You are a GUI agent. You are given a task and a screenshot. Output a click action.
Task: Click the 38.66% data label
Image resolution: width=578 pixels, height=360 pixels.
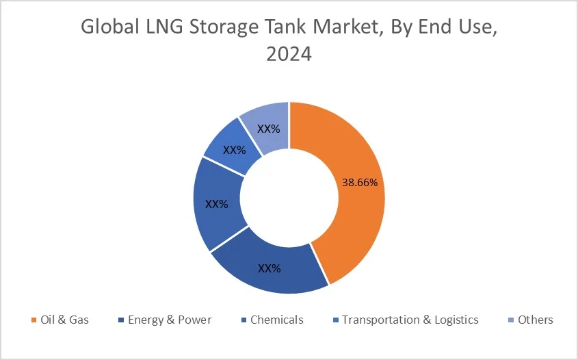[358, 183]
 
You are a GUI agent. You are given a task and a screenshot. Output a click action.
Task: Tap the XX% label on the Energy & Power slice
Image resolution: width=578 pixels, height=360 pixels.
[269, 268]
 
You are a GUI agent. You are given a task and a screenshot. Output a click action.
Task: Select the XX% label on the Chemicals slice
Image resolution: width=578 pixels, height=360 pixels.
[216, 204]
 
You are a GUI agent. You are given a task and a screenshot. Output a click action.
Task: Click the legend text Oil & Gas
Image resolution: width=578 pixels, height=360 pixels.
[66, 320]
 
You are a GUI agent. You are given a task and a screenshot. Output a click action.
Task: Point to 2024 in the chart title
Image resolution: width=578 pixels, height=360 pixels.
[289, 55]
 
